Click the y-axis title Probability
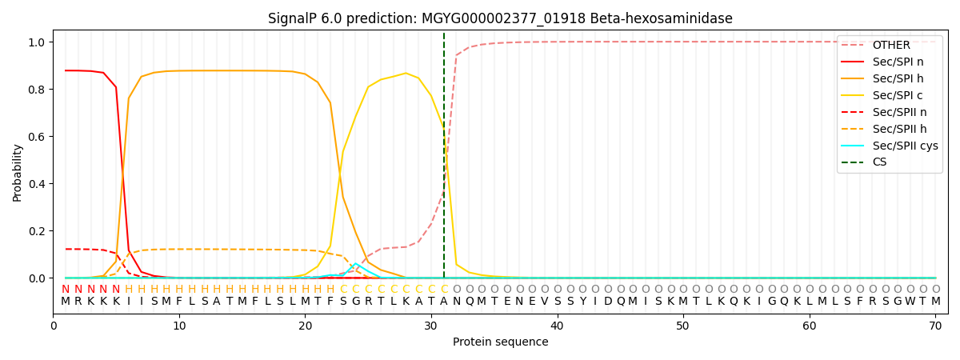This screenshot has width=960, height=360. tap(18, 172)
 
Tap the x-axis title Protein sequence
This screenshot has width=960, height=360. tap(500, 342)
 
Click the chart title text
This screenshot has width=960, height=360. tap(500, 18)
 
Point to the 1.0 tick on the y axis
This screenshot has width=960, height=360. tap(38, 42)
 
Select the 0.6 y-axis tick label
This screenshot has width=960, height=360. tap(38, 136)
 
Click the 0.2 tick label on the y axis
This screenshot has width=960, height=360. tap(38, 231)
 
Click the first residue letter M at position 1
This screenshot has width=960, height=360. tap(66, 302)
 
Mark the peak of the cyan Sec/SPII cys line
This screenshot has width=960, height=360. tap(356, 264)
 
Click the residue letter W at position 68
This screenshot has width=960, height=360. tap(910, 302)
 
